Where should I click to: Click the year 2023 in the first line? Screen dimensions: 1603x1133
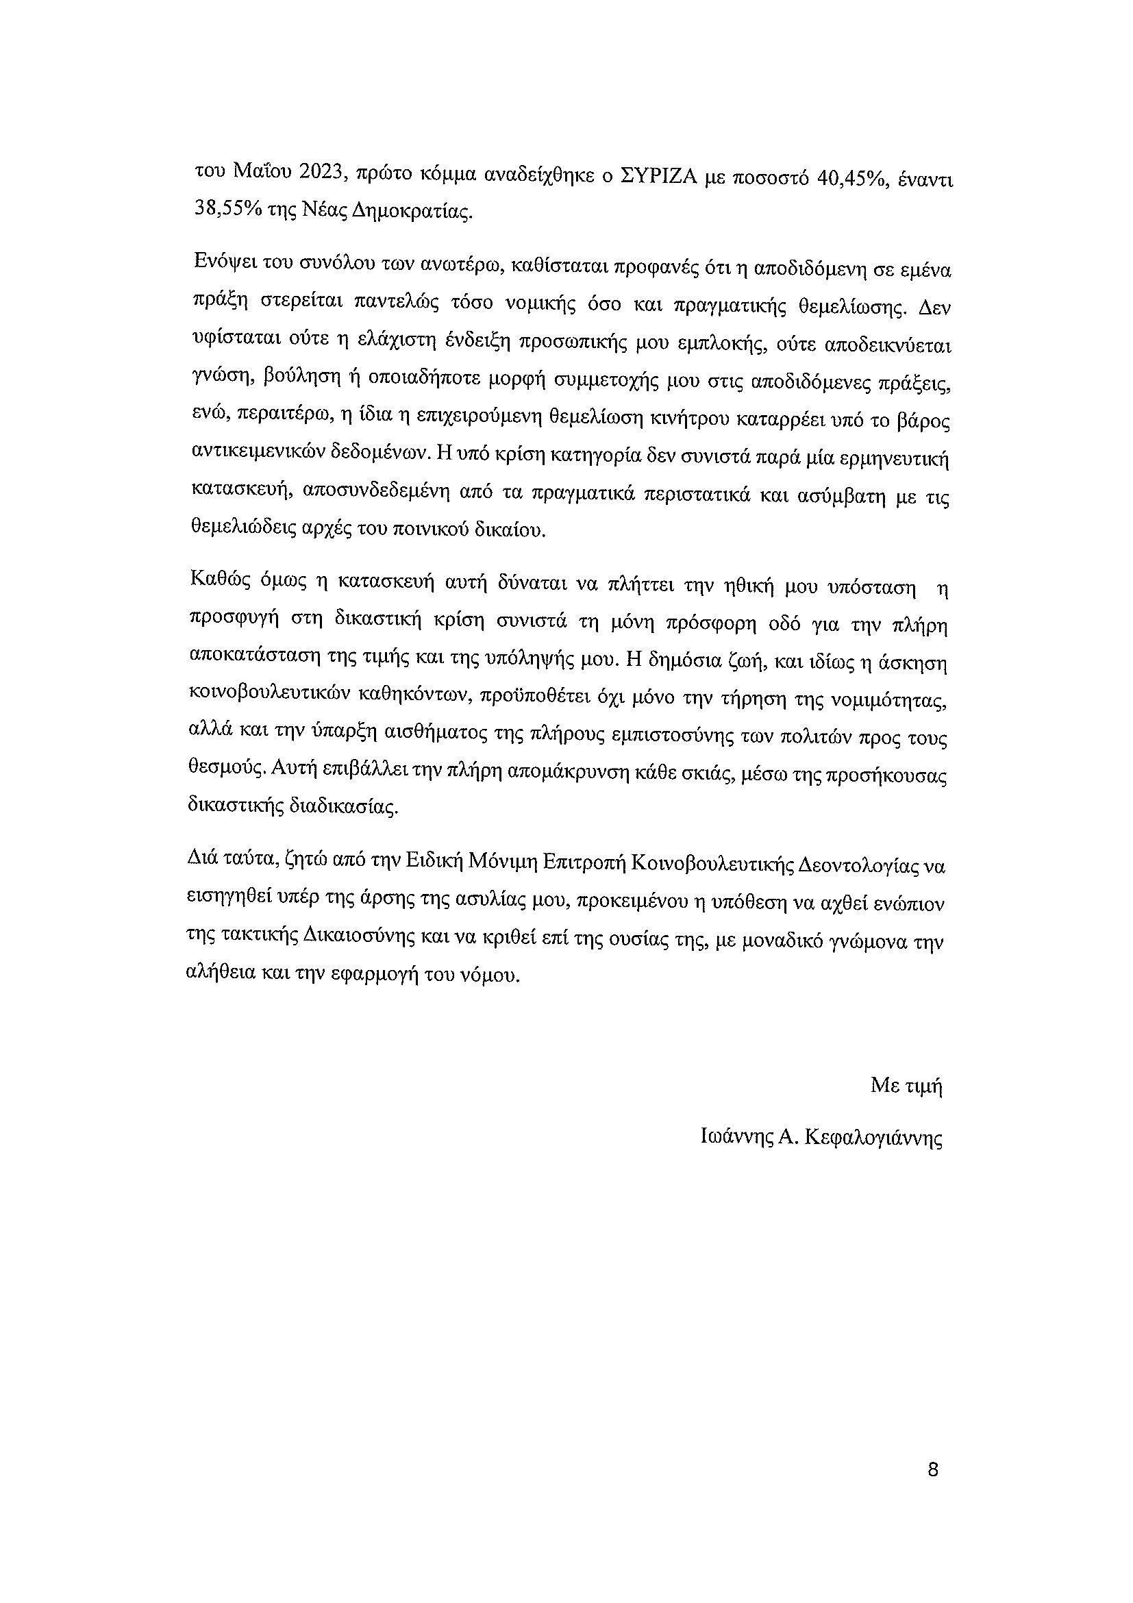[320, 173]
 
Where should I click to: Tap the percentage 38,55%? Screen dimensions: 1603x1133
[224, 210]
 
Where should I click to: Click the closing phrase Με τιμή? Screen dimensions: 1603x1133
[906, 1086]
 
